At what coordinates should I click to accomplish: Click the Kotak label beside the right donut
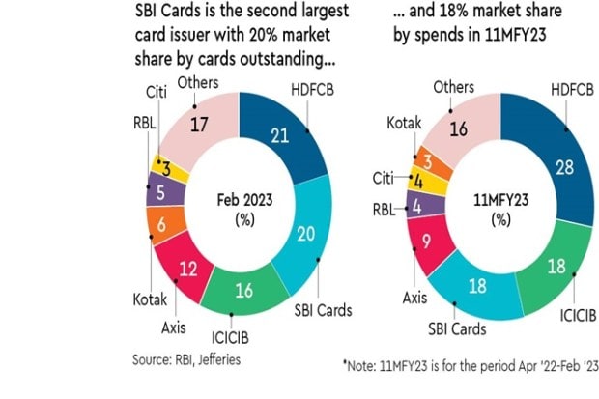tap(403, 126)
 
